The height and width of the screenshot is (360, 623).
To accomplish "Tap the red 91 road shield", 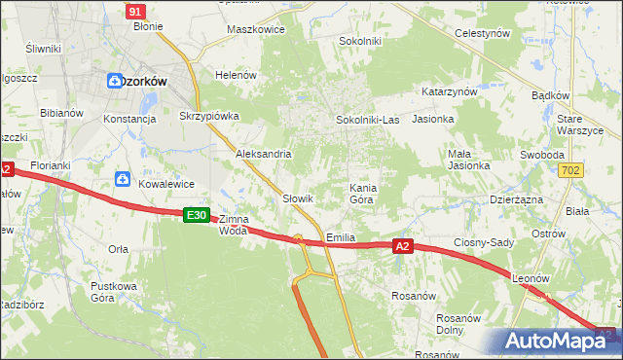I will (x=135, y=11).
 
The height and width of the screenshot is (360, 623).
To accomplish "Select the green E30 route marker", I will (x=196, y=214).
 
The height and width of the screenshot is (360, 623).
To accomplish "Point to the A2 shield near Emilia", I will (x=404, y=247).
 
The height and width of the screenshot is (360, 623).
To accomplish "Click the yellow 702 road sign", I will (x=572, y=170).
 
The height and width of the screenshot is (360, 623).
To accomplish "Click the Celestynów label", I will (x=484, y=33).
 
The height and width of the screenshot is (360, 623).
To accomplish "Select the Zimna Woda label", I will (x=234, y=225).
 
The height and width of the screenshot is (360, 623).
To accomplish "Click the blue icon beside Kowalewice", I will (x=123, y=178).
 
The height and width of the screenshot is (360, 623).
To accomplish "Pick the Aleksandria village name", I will (x=264, y=154).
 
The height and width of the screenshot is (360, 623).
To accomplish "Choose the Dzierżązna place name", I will (x=517, y=198).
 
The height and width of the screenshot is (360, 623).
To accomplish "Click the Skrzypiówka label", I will (x=209, y=115).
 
